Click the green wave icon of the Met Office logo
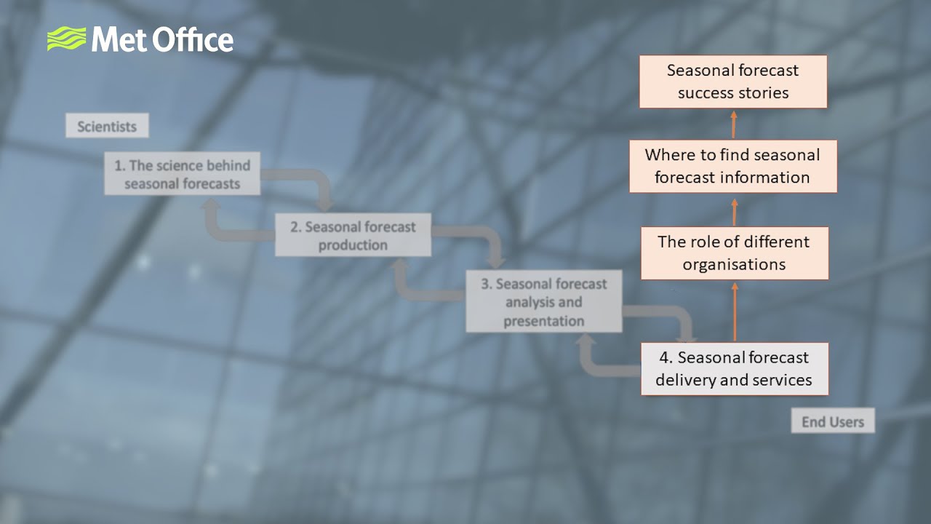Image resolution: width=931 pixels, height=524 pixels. click(65, 39)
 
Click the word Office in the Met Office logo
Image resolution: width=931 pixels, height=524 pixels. click(194, 39)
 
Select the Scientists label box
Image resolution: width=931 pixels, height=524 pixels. click(107, 126)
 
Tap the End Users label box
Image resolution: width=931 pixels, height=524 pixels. click(832, 421)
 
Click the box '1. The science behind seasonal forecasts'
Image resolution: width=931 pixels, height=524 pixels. click(182, 174)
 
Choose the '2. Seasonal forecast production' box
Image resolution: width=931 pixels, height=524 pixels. click(353, 235)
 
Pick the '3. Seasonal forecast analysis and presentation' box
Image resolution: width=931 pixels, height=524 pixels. click(543, 301)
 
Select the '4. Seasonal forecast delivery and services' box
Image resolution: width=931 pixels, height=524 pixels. click(734, 369)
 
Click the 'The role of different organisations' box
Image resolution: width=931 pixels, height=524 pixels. click(734, 253)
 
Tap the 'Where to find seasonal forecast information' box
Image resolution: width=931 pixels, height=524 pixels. click(732, 166)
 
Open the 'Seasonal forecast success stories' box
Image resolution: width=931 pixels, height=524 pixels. click(733, 82)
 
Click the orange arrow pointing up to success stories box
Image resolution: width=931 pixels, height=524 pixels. click(733, 124)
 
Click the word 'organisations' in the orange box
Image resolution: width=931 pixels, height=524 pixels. click(734, 264)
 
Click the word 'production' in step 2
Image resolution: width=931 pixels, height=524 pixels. click(353, 245)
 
